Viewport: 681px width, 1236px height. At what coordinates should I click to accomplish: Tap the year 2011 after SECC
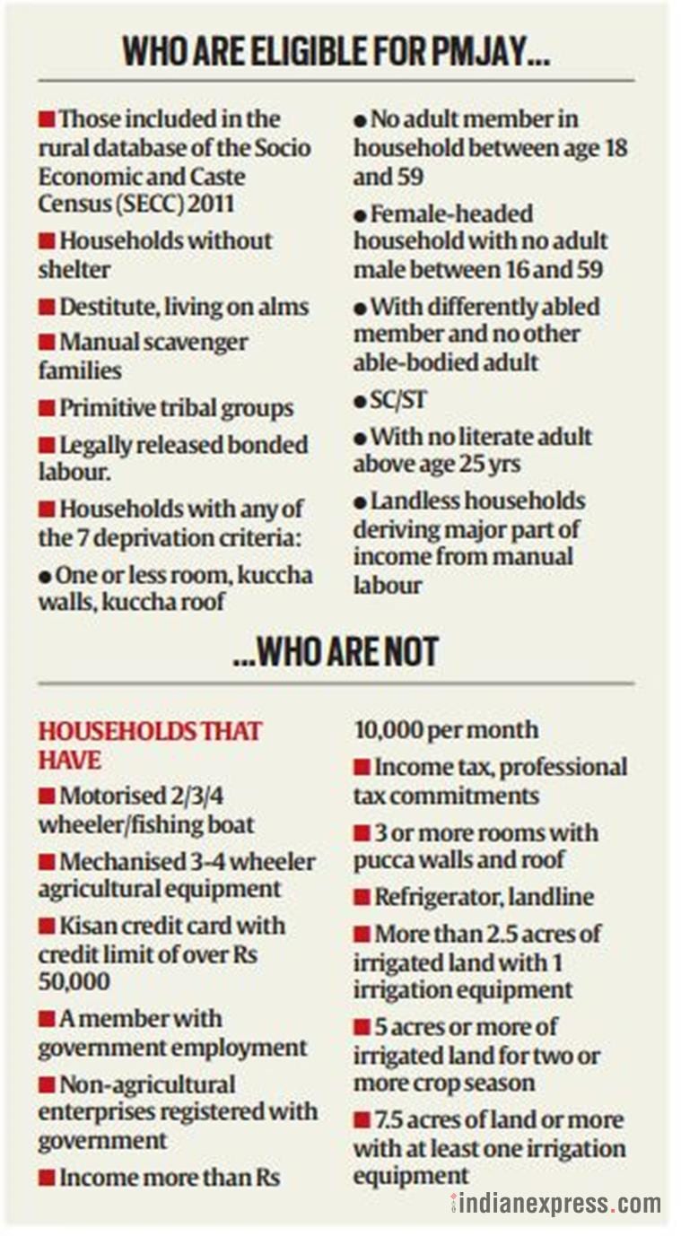214,204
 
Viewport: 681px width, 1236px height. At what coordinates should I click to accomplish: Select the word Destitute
107,307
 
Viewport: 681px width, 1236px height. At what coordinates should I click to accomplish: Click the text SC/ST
399,400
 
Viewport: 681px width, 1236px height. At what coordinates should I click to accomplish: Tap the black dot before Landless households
359,502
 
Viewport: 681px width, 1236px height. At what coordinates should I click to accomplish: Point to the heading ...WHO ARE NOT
336,652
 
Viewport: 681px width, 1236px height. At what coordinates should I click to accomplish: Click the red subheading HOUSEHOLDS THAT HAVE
149,745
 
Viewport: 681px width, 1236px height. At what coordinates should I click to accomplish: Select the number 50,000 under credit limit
74,981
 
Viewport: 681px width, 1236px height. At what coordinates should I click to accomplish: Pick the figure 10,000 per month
446,730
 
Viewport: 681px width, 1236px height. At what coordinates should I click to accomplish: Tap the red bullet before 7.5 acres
362,1120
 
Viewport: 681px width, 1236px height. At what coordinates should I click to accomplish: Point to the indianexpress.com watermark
556,1203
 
